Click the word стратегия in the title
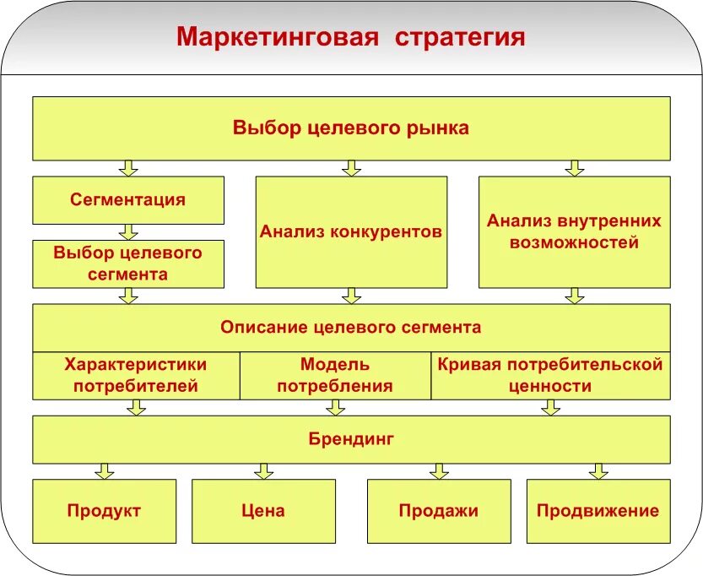click(460, 38)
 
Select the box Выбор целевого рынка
click(351, 128)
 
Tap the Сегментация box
click(128, 200)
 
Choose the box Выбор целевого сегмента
click(128, 264)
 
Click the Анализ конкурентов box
click(351, 231)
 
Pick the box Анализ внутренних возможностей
click(574, 231)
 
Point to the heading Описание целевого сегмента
click(351, 327)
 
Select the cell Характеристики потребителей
click(136, 376)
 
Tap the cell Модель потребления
click(335, 376)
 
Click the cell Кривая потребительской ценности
click(550, 376)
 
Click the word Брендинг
click(351, 439)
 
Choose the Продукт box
click(105, 511)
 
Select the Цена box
click(263, 511)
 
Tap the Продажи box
click(439, 511)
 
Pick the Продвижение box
click(598, 511)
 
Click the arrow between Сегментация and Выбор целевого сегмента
click(128, 231)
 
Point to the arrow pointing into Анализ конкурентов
click(351, 168)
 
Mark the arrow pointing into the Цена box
click(263, 471)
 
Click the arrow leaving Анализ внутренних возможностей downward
click(574, 296)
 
